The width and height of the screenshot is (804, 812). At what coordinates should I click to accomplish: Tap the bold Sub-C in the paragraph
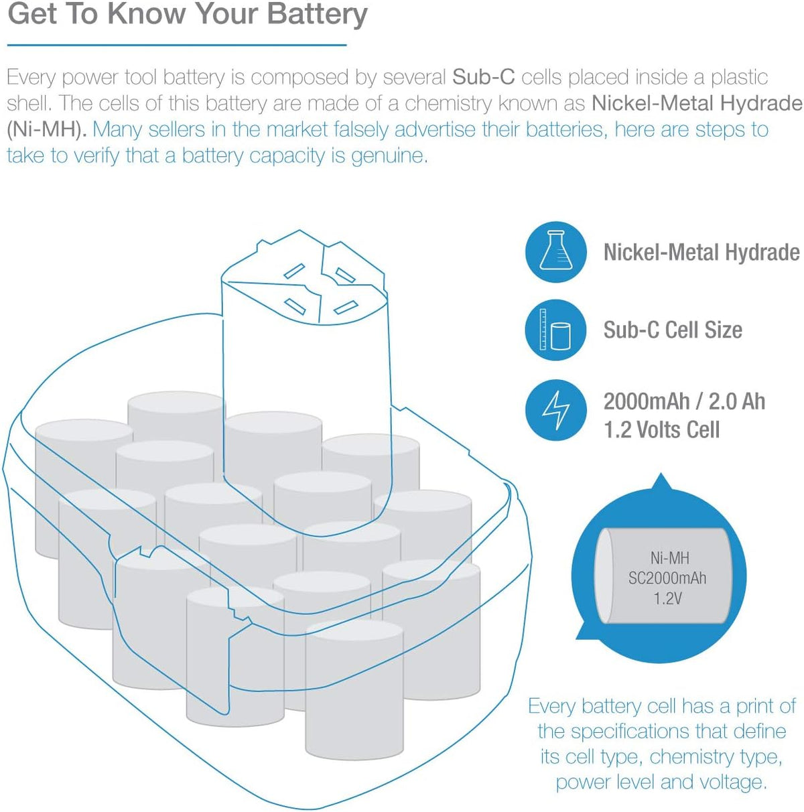484,77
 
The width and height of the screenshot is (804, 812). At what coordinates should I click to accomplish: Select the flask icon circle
556,252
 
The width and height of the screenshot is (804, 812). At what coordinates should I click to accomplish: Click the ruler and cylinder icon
555,330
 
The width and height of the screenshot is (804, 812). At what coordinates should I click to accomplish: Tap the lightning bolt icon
556,410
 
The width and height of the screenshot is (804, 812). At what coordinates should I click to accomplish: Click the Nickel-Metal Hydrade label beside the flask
701,253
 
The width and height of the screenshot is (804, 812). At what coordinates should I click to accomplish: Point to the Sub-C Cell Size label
673,330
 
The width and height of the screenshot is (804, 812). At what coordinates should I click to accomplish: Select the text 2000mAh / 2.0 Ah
684,401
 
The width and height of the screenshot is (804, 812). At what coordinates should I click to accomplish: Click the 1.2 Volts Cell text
661,430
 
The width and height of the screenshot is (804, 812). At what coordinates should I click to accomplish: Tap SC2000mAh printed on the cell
667,578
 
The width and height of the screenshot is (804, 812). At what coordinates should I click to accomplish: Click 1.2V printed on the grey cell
668,598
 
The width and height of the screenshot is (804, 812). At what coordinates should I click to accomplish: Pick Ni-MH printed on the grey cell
669,558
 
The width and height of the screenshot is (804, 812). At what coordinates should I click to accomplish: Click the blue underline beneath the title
177,45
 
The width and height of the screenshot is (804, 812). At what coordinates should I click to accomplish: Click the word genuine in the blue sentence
389,156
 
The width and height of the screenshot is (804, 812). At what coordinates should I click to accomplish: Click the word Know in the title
146,13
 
